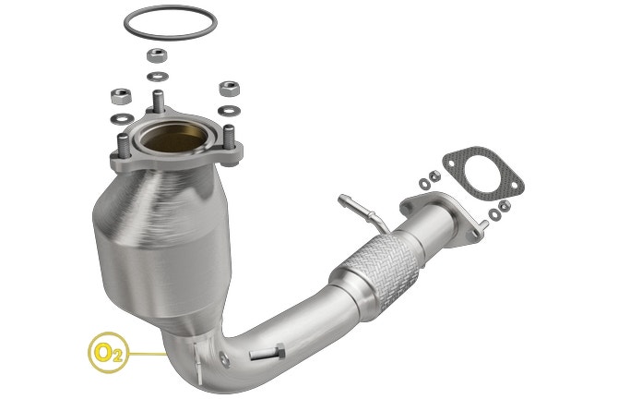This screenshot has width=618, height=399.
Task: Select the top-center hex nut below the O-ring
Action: click(x=157, y=55)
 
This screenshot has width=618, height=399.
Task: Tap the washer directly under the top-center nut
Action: click(x=158, y=76)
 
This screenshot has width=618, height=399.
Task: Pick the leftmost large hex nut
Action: click(x=121, y=96)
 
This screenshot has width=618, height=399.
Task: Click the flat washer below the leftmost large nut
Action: click(x=122, y=117)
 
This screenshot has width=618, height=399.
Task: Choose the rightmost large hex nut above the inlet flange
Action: click(x=230, y=89)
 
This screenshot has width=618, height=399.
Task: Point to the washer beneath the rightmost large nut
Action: click(x=229, y=111)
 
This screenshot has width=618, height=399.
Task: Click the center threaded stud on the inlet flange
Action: click(x=158, y=102)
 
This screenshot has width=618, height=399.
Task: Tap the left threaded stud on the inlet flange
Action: click(x=124, y=146)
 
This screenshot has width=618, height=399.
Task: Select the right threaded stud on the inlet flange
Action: click(x=229, y=137)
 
